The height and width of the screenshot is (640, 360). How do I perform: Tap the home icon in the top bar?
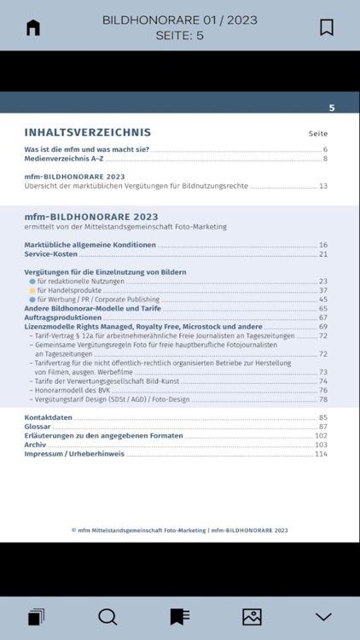[33, 27]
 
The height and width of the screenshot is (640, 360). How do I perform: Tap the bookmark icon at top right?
[327, 27]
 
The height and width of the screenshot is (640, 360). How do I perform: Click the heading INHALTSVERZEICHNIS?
[88, 132]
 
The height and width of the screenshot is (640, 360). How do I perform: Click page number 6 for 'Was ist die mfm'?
[325, 150]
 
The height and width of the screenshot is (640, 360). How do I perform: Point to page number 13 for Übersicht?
[323, 185]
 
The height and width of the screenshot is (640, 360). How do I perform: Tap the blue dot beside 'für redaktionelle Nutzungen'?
[32, 281]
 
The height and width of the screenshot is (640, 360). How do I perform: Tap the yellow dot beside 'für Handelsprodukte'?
[32, 290]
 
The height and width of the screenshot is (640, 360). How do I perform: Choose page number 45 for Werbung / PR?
[323, 300]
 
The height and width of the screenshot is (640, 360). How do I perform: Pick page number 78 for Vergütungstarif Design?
[323, 399]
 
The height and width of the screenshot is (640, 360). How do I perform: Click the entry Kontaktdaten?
[48, 417]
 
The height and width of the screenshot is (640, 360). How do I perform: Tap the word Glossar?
[38, 427]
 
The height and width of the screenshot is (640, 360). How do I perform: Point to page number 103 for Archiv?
[321, 445]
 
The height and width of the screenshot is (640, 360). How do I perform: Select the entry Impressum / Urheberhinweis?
[74, 454]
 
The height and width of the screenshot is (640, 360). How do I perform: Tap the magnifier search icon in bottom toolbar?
[107, 616]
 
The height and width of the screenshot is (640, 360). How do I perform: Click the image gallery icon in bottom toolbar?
[252, 616]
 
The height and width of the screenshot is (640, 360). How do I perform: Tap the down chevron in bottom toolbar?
[323, 616]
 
